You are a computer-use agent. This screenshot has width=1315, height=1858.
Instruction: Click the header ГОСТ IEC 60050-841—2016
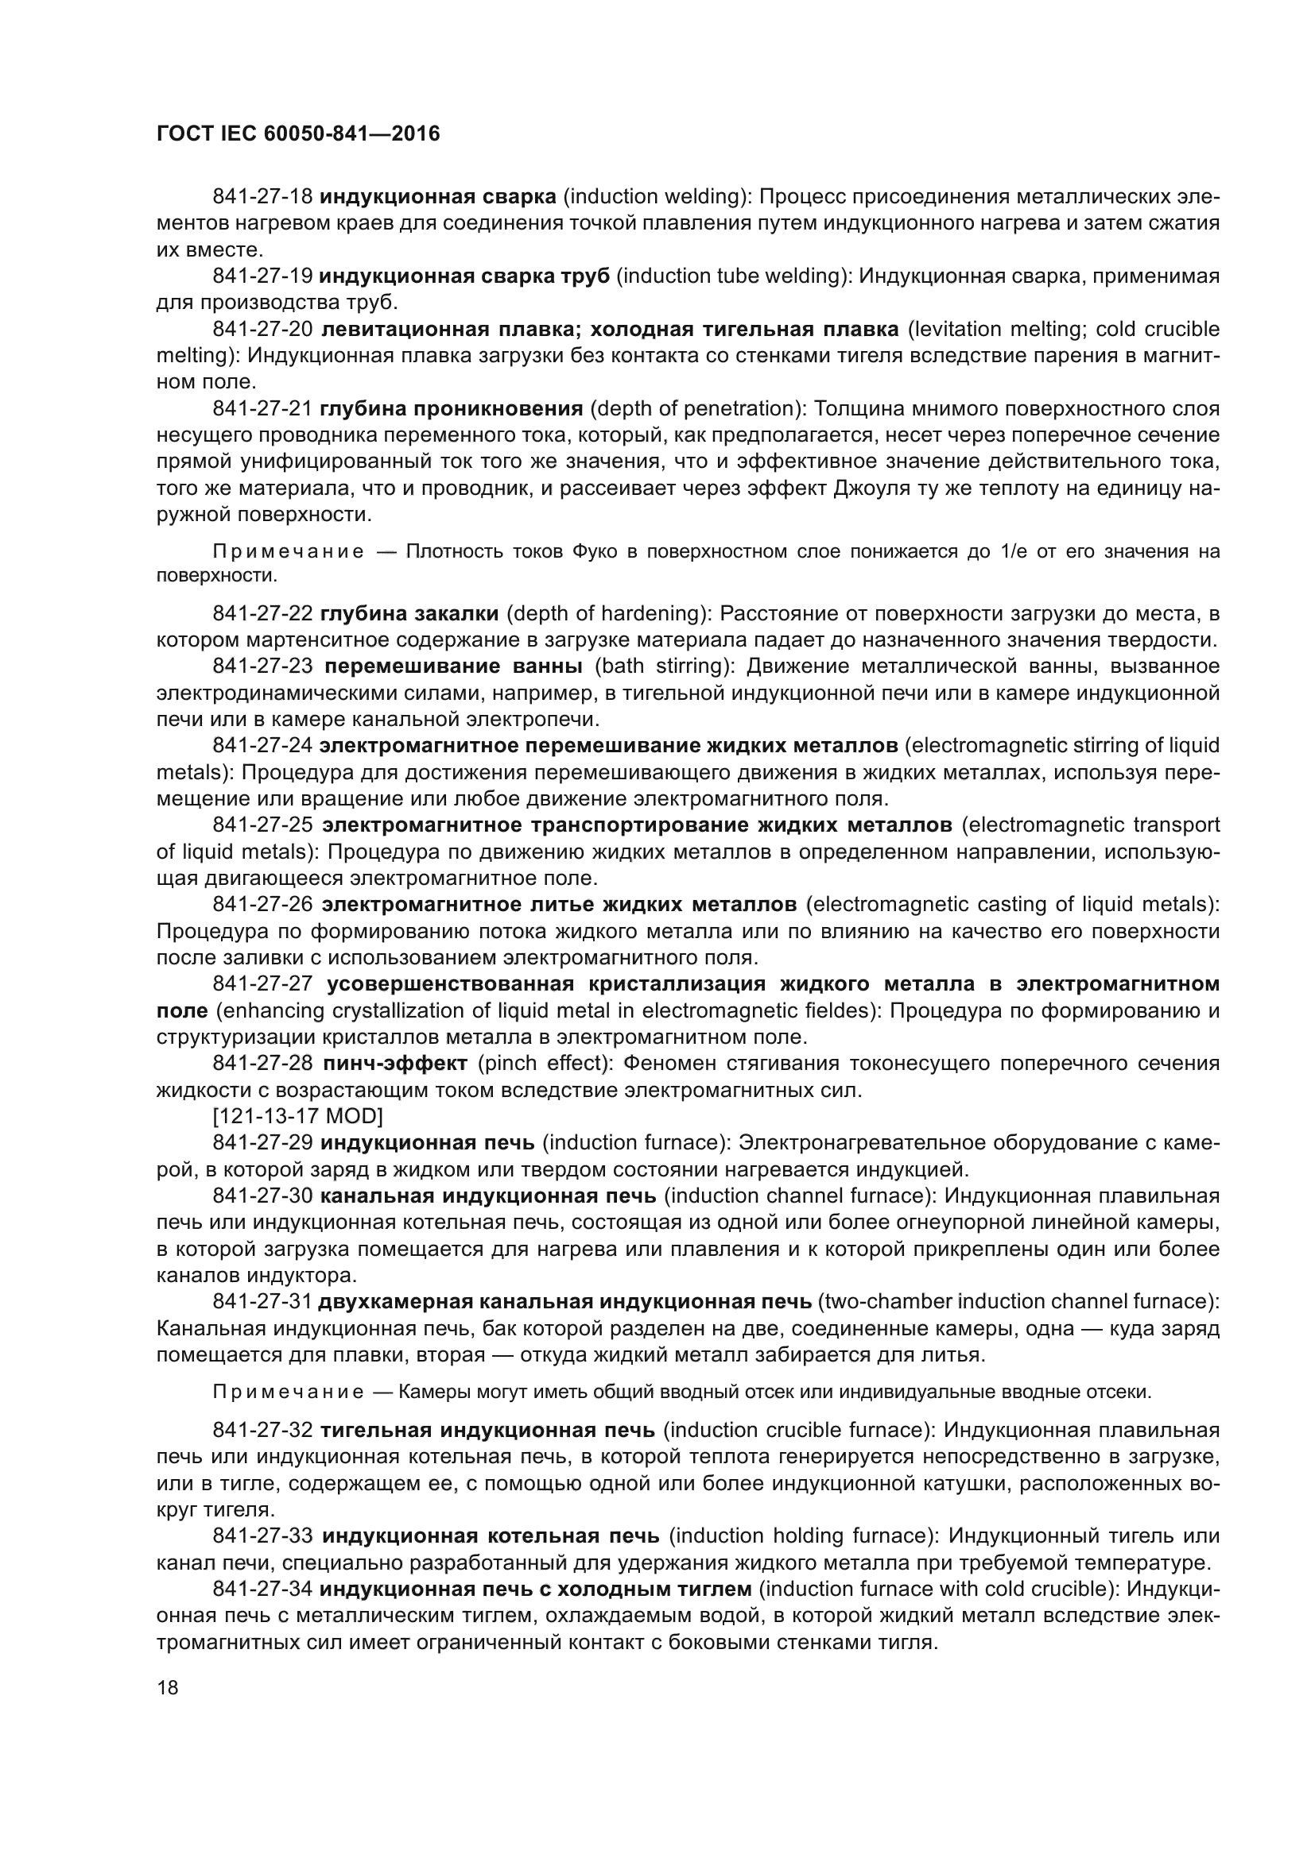298,133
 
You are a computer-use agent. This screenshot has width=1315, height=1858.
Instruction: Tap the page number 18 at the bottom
168,1688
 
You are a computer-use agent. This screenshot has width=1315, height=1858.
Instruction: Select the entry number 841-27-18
262,197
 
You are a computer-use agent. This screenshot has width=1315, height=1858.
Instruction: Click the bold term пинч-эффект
394,1064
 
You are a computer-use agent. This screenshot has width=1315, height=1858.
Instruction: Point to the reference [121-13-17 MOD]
297,1116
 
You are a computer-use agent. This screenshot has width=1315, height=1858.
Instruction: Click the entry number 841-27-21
262,408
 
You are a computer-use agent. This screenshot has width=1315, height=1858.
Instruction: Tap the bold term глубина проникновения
452,408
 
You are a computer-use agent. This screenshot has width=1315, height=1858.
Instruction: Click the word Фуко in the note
595,552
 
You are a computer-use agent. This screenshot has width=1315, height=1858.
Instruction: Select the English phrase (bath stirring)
665,666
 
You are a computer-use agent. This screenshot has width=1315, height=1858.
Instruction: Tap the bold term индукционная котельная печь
491,1536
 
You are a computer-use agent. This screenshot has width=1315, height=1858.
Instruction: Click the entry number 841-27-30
262,1196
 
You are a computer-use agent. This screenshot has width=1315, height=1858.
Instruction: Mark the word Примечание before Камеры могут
289,1392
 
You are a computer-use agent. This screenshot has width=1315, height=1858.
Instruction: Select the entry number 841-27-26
262,904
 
